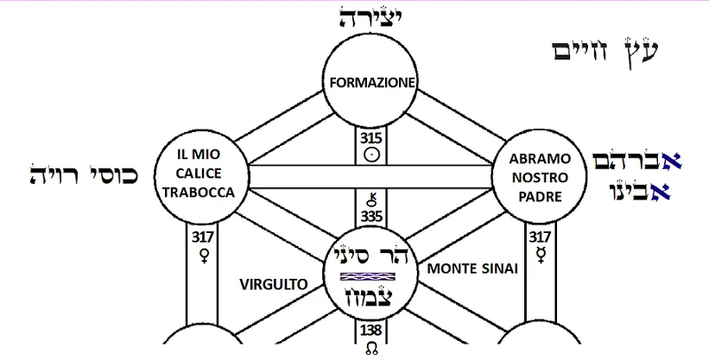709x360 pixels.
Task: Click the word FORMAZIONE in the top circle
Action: [x=374, y=83]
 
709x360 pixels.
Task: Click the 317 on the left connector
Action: [x=205, y=237]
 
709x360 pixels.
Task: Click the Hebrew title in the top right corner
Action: [x=605, y=50]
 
